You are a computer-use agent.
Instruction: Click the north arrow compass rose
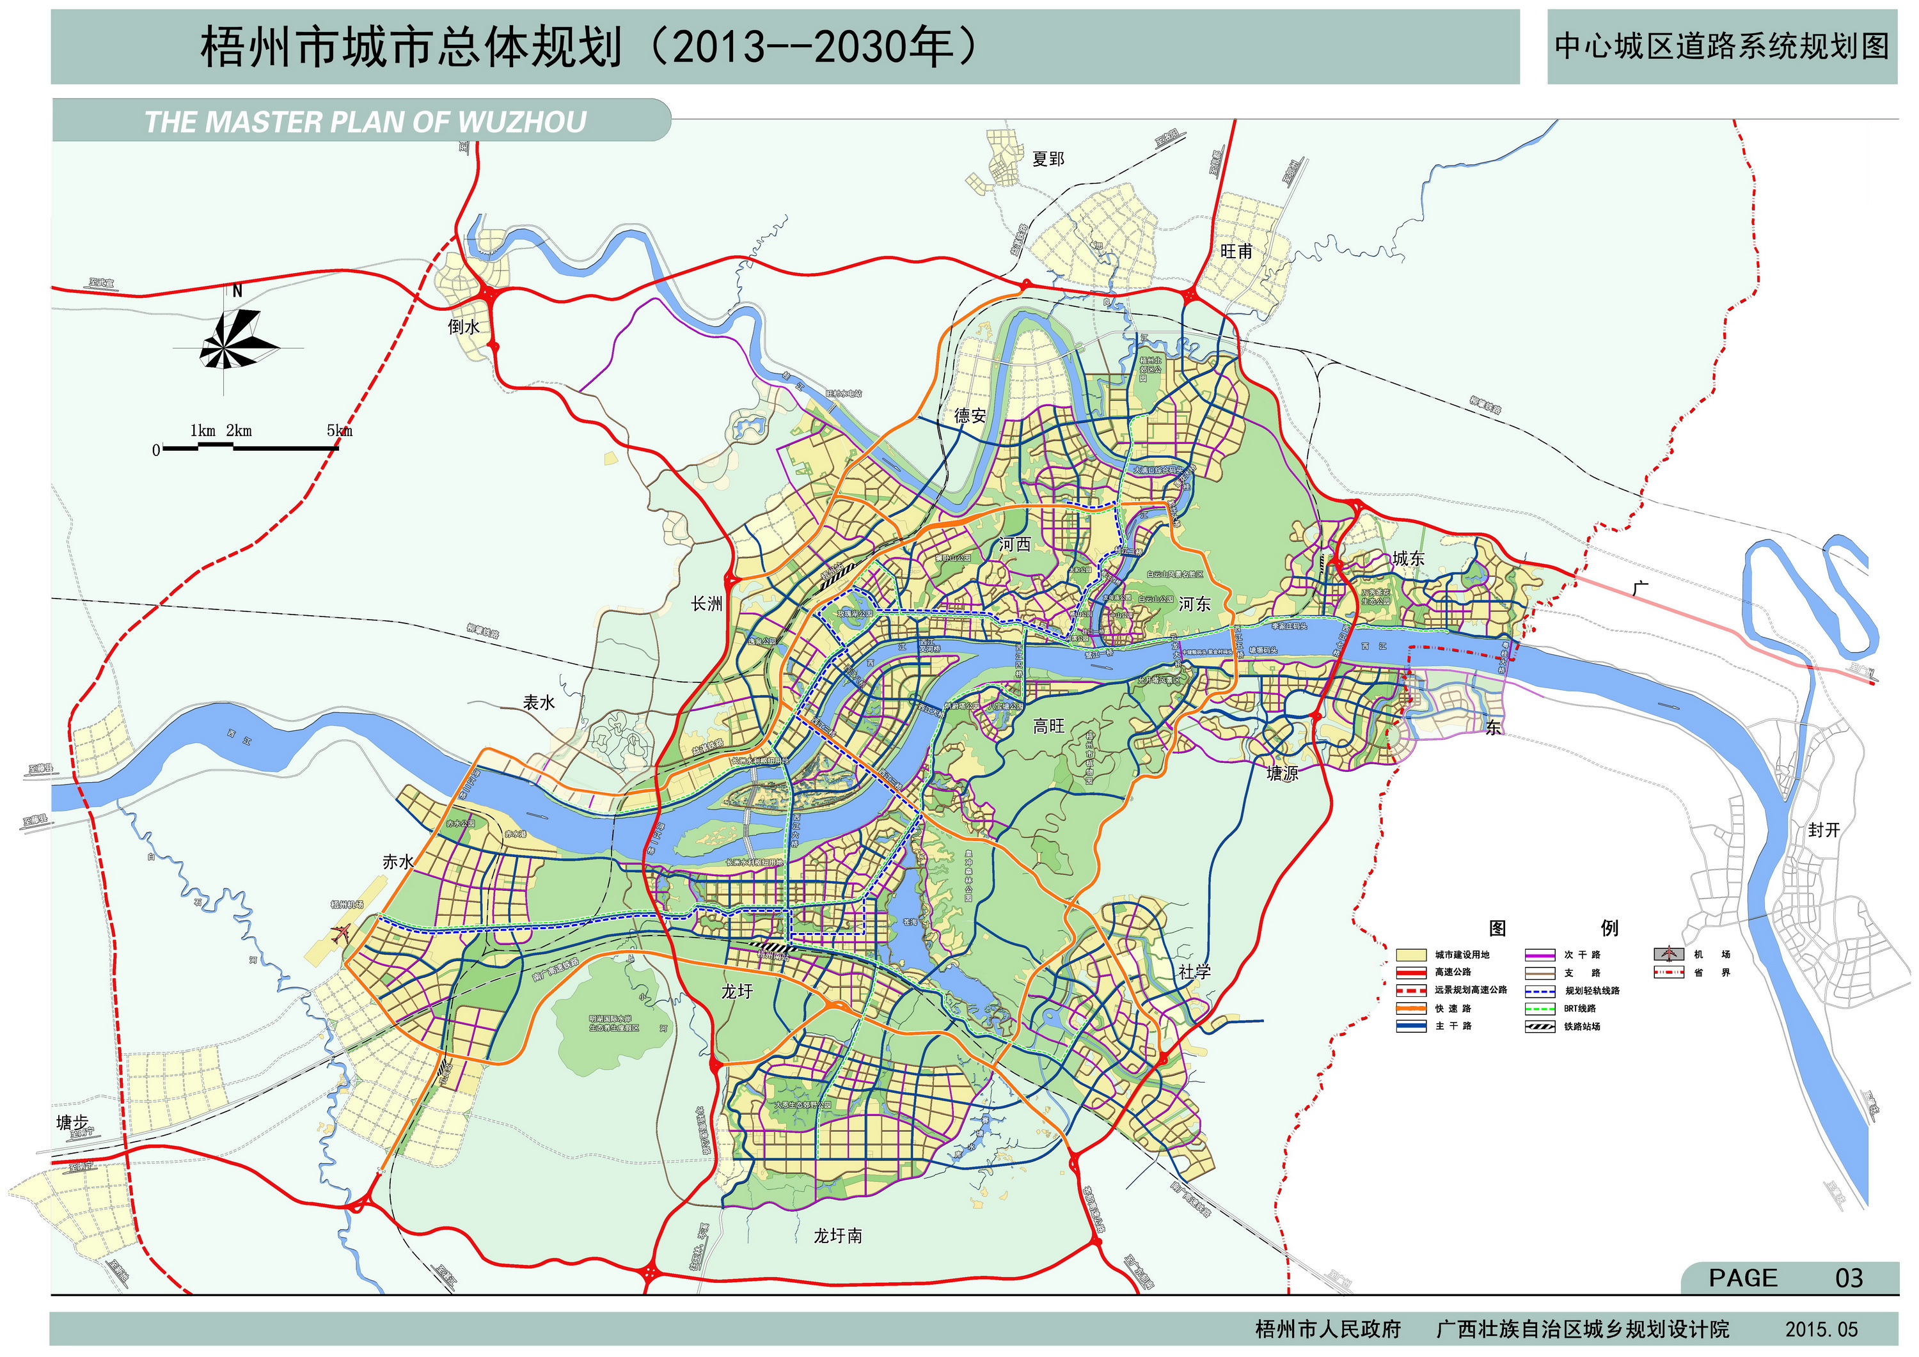(237, 338)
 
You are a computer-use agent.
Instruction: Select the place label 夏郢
(1048, 159)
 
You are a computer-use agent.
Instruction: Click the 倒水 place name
(464, 327)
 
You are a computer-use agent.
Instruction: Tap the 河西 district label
(1015, 545)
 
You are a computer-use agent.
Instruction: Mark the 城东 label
(1409, 558)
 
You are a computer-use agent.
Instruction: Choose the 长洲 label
(707, 603)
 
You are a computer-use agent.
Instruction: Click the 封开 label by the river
(1824, 830)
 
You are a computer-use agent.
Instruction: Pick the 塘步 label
(72, 1122)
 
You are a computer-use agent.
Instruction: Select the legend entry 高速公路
(1453, 973)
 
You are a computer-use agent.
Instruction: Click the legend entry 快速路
(1453, 1008)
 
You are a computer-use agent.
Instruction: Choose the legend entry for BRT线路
(1580, 1008)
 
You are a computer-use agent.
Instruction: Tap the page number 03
(1849, 1278)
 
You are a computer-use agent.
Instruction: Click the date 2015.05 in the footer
(1821, 1330)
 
